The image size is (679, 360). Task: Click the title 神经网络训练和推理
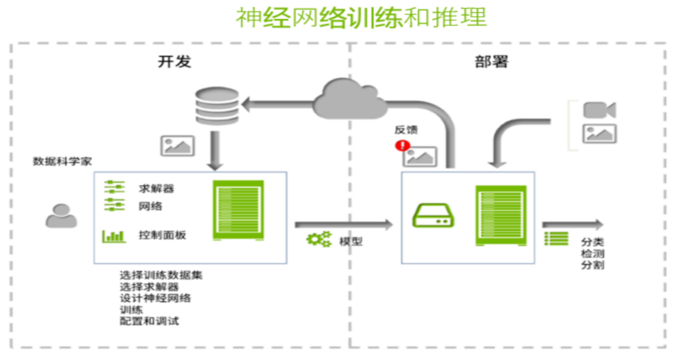(362, 18)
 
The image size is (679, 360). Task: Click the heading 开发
(174, 61)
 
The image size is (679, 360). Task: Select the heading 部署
(491, 61)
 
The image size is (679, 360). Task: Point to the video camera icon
(599, 110)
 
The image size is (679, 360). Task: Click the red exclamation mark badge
(402, 145)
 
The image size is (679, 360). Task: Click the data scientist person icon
(62, 216)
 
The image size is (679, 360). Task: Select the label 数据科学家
(62, 161)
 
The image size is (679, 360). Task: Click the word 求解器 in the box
(156, 188)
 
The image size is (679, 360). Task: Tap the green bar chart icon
(114, 236)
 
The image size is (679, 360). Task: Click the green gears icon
(319, 239)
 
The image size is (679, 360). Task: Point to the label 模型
(351, 241)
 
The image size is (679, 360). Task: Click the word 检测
(592, 253)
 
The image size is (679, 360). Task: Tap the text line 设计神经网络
(155, 298)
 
